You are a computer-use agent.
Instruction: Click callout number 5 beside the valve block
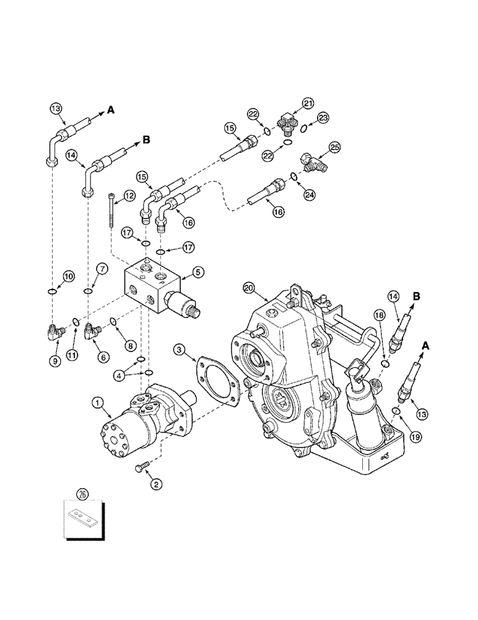(197, 271)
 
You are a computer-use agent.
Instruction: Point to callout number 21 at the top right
(308, 104)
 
